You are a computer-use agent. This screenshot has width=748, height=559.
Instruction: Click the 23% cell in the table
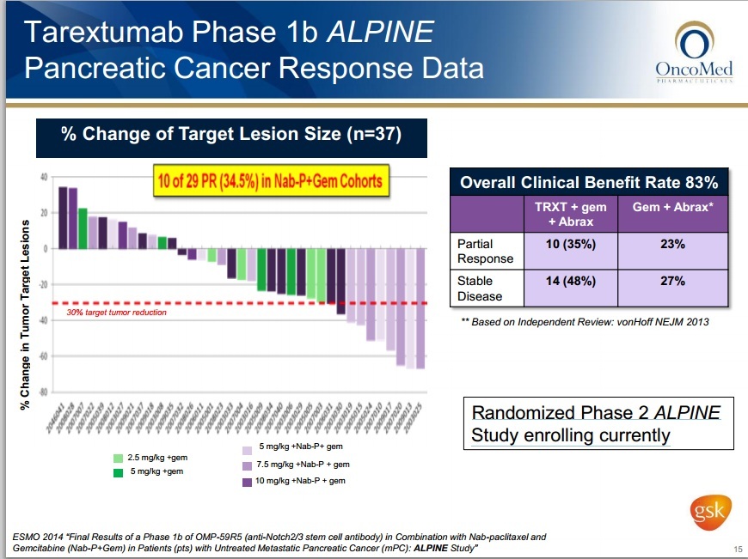pyautogui.click(x=673, y=245)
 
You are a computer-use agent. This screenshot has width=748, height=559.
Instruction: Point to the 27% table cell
pyautogui.click(x=673, y=281)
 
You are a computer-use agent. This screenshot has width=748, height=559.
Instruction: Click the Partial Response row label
pyautogui.click(x=485, y=251)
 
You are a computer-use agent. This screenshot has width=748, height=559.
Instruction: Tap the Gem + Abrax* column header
pyautogui.click(x=674, y=209)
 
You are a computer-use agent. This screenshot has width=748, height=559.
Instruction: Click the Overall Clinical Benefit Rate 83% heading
pyautogui.click(x=589, y=182)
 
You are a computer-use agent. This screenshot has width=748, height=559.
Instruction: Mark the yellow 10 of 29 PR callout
pyautogui.click(x=270, y=180)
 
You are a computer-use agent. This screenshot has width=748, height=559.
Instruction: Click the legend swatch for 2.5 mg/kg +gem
pyautogui.click(x=119, y=458)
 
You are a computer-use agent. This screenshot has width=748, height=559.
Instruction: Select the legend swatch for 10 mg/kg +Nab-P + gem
pyautogui.click(x=248, y=481)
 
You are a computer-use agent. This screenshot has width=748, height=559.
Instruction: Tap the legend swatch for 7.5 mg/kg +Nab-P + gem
pyautogui.click(x=248, y=465)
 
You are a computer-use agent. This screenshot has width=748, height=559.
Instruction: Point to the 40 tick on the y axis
pyautogui.click(x=43, y=178)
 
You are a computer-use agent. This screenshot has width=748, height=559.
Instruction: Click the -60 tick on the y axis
pyautogui.click(x=41, y=355)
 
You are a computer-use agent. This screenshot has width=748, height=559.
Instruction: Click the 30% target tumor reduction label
pyautogui.click(x=116, y=313)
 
